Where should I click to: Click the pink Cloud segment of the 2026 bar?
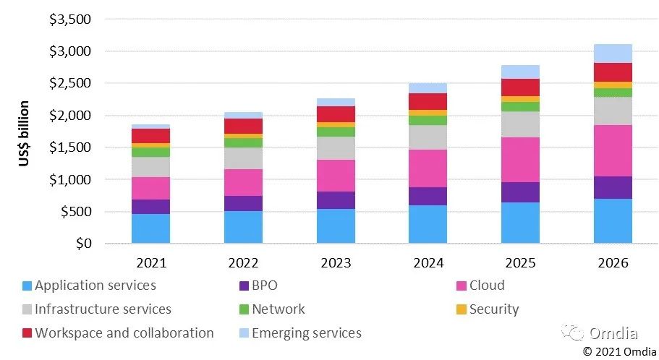pos(613,150)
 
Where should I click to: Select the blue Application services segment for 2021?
pos(150,228)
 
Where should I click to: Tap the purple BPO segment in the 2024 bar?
pos(428,196)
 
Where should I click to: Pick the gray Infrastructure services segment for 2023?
pos(336,148)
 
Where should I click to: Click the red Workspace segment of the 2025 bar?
pos(520,87)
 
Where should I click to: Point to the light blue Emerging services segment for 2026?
pos(613,53)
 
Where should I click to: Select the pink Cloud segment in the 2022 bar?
pos(243,182)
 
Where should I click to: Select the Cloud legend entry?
pos(487,286)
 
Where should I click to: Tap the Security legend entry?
pos(494,309)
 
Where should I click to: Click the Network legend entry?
pos(278,309)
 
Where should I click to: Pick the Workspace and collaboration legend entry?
pos(124,333)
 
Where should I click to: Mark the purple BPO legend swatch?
pos(243,286)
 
